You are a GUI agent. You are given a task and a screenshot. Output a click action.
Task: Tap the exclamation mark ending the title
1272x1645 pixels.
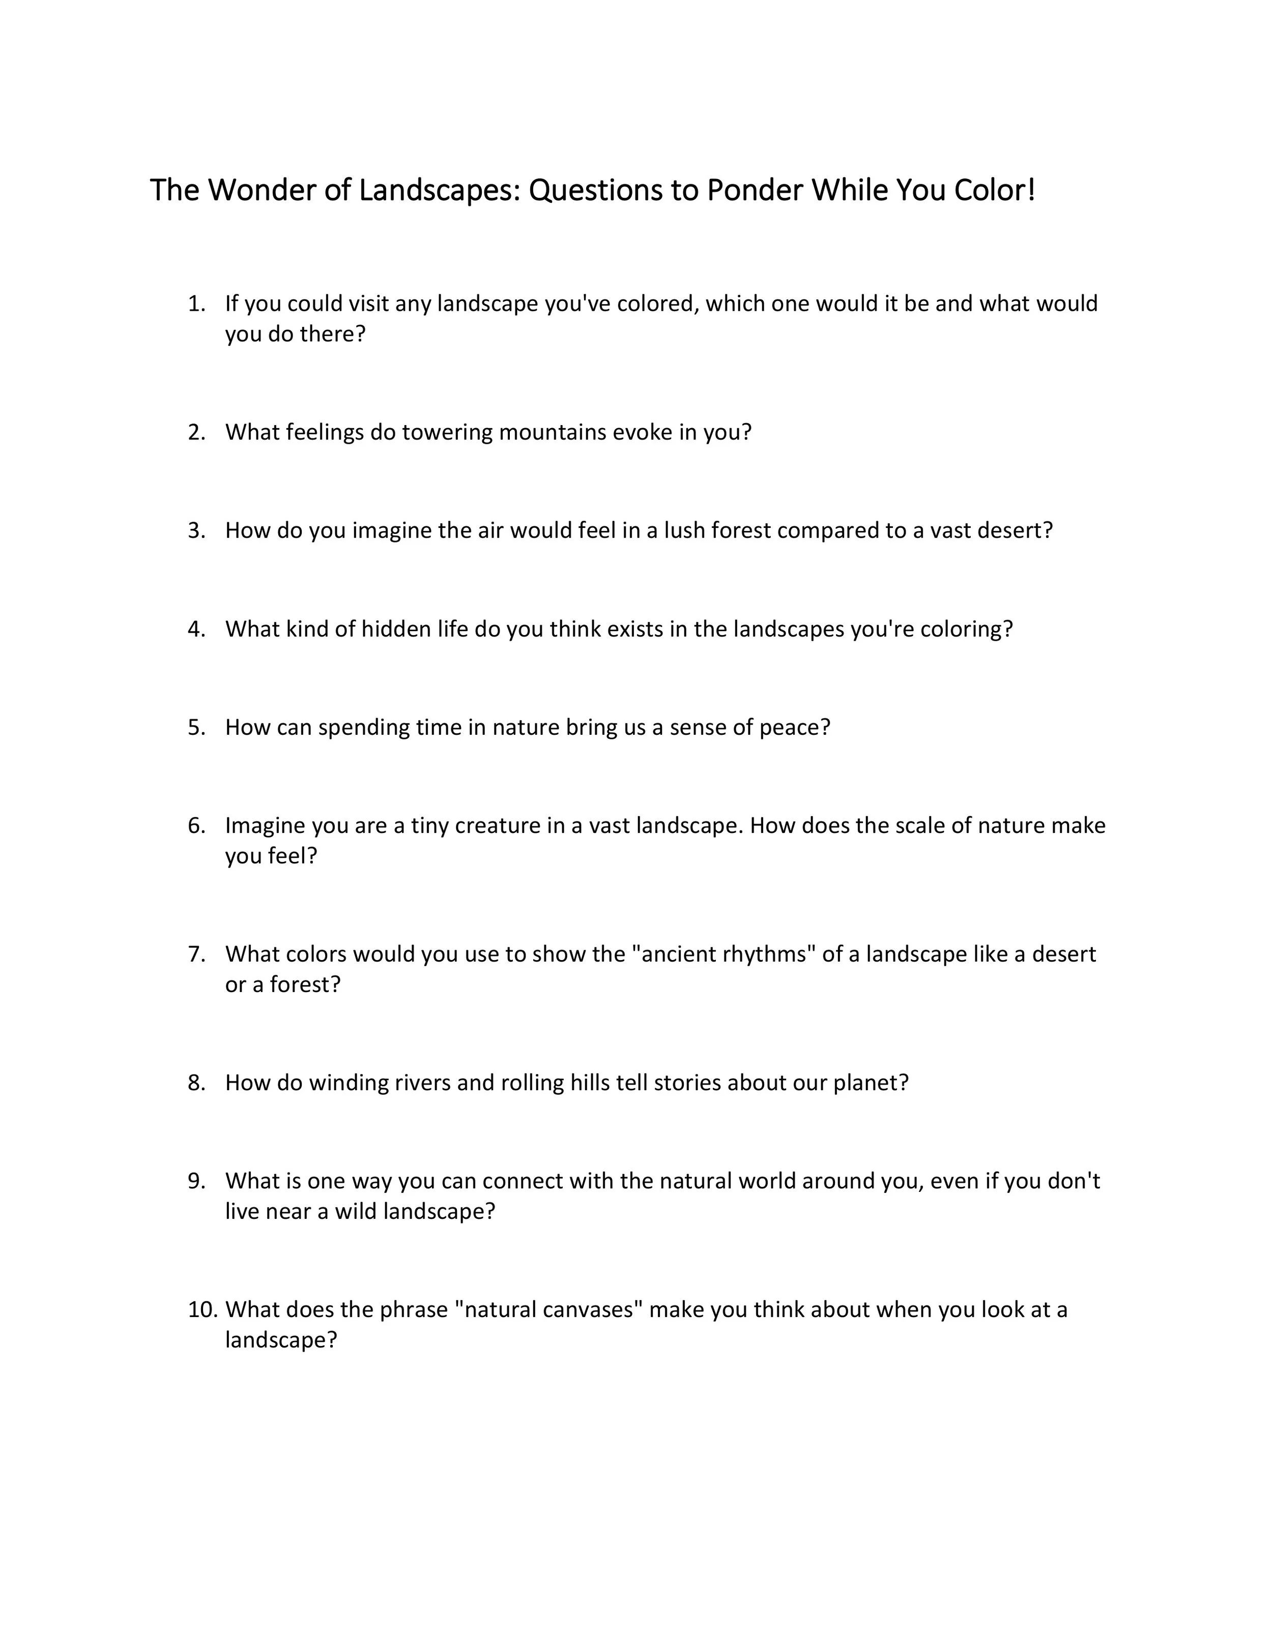pos(1031,191)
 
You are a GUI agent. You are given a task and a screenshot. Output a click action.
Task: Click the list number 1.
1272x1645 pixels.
pos(196,304)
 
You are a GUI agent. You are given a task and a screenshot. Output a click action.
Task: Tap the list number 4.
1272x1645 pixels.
pos(196,629)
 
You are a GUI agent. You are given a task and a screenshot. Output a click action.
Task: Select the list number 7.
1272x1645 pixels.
pos(196,954)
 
